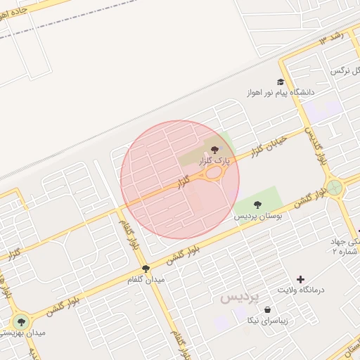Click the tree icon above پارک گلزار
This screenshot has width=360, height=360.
[214, 149]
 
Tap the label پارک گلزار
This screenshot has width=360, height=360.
[214, 161]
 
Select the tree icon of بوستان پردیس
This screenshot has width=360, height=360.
[257, 205]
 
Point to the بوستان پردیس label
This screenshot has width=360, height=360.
[258, 217]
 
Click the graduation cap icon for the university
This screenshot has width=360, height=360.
[281, 82]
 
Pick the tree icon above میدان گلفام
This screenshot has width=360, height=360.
[146, 269]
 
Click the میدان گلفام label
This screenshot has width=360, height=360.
[146, 280]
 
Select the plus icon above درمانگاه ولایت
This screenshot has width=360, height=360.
[301, 279]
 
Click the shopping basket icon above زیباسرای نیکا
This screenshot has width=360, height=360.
[268, 309]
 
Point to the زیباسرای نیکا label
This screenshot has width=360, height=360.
[266, 321]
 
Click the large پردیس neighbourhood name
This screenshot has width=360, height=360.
[240, 297]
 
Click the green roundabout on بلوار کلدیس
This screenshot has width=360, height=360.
[335, 188]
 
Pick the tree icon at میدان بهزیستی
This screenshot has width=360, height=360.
[21, 323]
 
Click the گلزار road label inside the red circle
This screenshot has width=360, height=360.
[183, 184]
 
